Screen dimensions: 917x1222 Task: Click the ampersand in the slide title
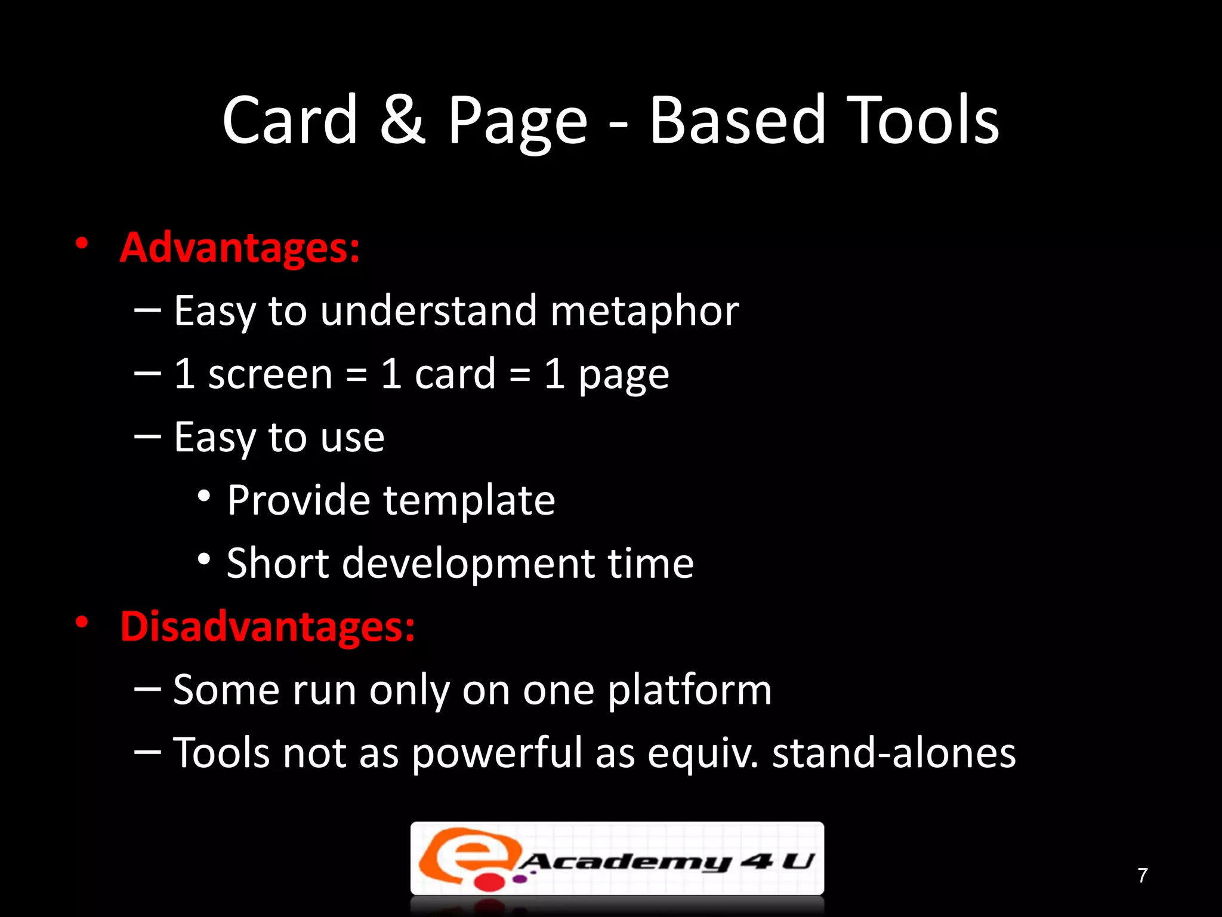point(403,121)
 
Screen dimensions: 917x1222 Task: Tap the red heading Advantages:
point(240,248)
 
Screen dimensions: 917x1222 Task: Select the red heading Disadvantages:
point(267,626)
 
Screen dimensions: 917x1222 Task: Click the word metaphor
point(644,312)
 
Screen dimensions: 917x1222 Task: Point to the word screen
point(270,375)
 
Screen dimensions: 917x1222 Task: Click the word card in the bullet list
point(455,375)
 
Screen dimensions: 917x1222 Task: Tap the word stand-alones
point(894,753)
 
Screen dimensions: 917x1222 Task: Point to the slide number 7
point(1142,875)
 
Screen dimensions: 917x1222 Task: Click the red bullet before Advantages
point(82,244)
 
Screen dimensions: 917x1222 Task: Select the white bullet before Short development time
point(204,559)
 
